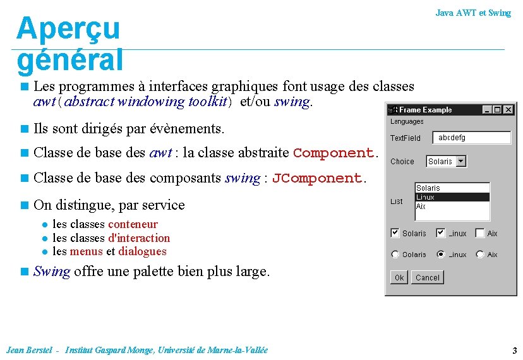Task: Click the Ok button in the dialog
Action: point(399,277)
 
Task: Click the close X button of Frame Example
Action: point(507,110)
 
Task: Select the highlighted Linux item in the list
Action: point(452,197)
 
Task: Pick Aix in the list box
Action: point(421,207)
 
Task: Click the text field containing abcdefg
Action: point(471,138)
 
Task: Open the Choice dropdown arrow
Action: point(461,162)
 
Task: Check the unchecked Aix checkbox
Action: point(480,233)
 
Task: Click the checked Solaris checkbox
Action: point(395,233)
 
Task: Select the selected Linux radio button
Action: point(441,255)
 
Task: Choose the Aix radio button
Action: point(480,255)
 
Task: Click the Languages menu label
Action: point(407,121)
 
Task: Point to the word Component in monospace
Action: point(334,153)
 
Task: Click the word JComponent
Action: point(316,178)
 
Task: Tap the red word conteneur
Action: point(133,224)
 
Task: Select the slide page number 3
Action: point(515,351)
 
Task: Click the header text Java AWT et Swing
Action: point(472,13)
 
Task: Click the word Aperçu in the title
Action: point(68,28)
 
